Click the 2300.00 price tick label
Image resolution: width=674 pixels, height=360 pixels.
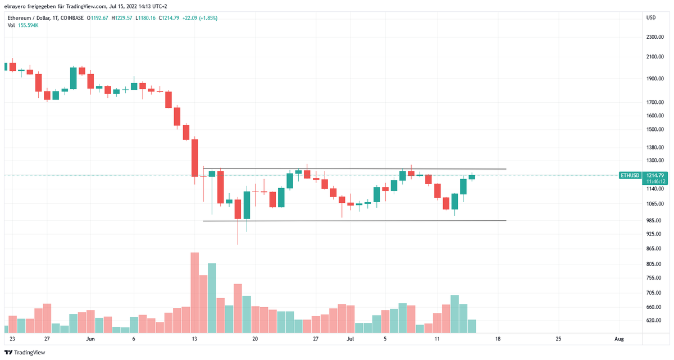(x=655, y=37)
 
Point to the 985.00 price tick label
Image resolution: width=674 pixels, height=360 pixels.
(x=654, y=220)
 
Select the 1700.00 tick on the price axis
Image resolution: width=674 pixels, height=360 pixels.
(x=655, y=102)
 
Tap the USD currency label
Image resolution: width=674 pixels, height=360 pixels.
(x=651, y=17)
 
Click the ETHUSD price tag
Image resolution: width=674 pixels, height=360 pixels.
(x=630, y=175)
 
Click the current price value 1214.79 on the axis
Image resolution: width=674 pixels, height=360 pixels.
(x=655, y=175)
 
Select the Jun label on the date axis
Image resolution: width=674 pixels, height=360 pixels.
(x=90, y=339)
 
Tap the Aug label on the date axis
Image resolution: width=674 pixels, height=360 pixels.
(x=619, y=339)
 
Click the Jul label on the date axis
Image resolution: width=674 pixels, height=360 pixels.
(x=350, y=339)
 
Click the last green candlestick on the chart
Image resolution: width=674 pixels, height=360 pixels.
(x=472, y=177)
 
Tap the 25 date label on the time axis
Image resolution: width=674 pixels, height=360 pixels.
(x=558, y=339)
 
